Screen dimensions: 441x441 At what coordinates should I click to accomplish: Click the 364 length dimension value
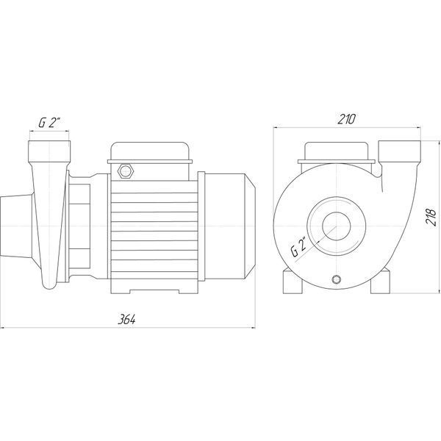(126, 320)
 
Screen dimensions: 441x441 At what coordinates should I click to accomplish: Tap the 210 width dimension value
(346, 119)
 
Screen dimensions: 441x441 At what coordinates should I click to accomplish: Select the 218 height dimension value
(431, 217)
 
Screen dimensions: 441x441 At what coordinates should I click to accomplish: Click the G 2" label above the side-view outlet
(49, 123)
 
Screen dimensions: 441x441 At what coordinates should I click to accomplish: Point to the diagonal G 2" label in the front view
(299, 248)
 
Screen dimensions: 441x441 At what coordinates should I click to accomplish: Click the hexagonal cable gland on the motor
(126, 171)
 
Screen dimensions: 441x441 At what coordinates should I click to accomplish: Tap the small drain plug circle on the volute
(337, 279)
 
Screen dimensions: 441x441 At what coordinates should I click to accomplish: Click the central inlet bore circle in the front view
(337, 226)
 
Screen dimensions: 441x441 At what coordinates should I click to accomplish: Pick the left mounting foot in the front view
(293, 282)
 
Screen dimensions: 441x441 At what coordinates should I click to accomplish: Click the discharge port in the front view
(400, 152)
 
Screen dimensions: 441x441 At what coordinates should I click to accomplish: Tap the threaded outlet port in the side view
(49, 151)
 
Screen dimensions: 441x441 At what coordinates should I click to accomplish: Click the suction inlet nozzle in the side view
(16, 226)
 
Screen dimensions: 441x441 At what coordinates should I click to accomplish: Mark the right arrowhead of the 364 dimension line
(253, 328)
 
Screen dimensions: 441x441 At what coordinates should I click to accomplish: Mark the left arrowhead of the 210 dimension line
(276, 127)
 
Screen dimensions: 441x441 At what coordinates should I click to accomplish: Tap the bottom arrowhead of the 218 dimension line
(439, 291)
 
